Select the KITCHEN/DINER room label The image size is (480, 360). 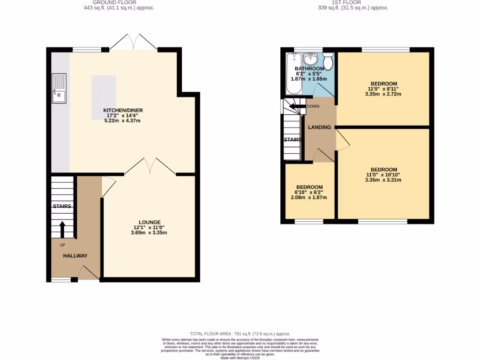coord(123,111)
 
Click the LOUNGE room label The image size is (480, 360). coord(149,222)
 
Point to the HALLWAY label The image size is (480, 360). coord(75,255)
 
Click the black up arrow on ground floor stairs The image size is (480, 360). coord(62,230)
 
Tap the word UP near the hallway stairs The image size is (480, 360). coord(62,245)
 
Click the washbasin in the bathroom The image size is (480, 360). coord(310,59)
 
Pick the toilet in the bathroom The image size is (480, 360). coord(328,61)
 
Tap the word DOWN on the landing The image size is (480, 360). coord(313,106)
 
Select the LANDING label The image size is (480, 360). coord(319,127)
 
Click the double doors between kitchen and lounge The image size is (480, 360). coord(150,167)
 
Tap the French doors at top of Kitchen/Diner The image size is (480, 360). coord(133,42)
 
